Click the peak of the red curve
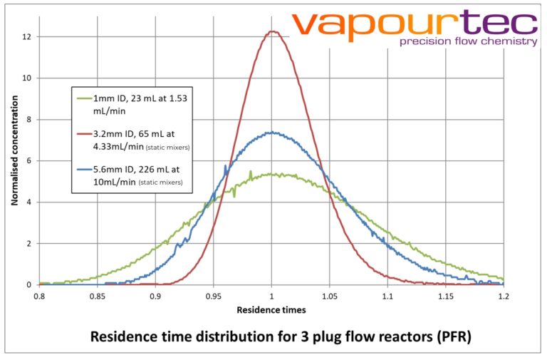(272, 31)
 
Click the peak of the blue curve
(271, 132)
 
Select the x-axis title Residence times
(272, 310)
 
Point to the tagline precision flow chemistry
(468, 42)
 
